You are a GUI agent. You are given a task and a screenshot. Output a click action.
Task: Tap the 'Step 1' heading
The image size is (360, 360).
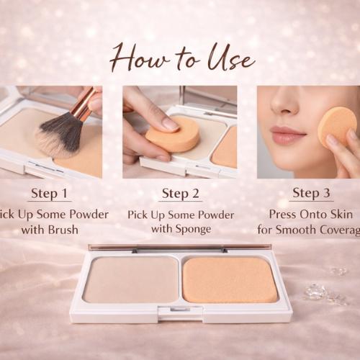(x=50, y=193)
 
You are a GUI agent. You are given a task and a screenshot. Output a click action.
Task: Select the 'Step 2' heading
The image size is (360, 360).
(x=180, y=193)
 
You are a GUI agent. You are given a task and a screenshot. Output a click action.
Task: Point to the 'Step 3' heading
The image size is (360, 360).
(x=310, y=193)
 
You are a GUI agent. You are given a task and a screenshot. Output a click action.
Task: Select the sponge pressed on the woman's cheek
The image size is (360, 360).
(x=336, y=127)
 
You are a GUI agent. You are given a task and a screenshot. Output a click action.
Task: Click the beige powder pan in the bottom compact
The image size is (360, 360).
(x=130, y=279)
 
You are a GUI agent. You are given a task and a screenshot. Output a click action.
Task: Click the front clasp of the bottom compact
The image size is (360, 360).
(x=179, y=312)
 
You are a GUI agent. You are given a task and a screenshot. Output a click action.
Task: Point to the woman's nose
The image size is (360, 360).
(x=283, y=115)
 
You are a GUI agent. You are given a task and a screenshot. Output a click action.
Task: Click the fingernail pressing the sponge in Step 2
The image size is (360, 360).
(x=169, y=124)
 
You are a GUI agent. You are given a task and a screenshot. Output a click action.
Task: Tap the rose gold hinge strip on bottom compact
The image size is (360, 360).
(x=180, y=248)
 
